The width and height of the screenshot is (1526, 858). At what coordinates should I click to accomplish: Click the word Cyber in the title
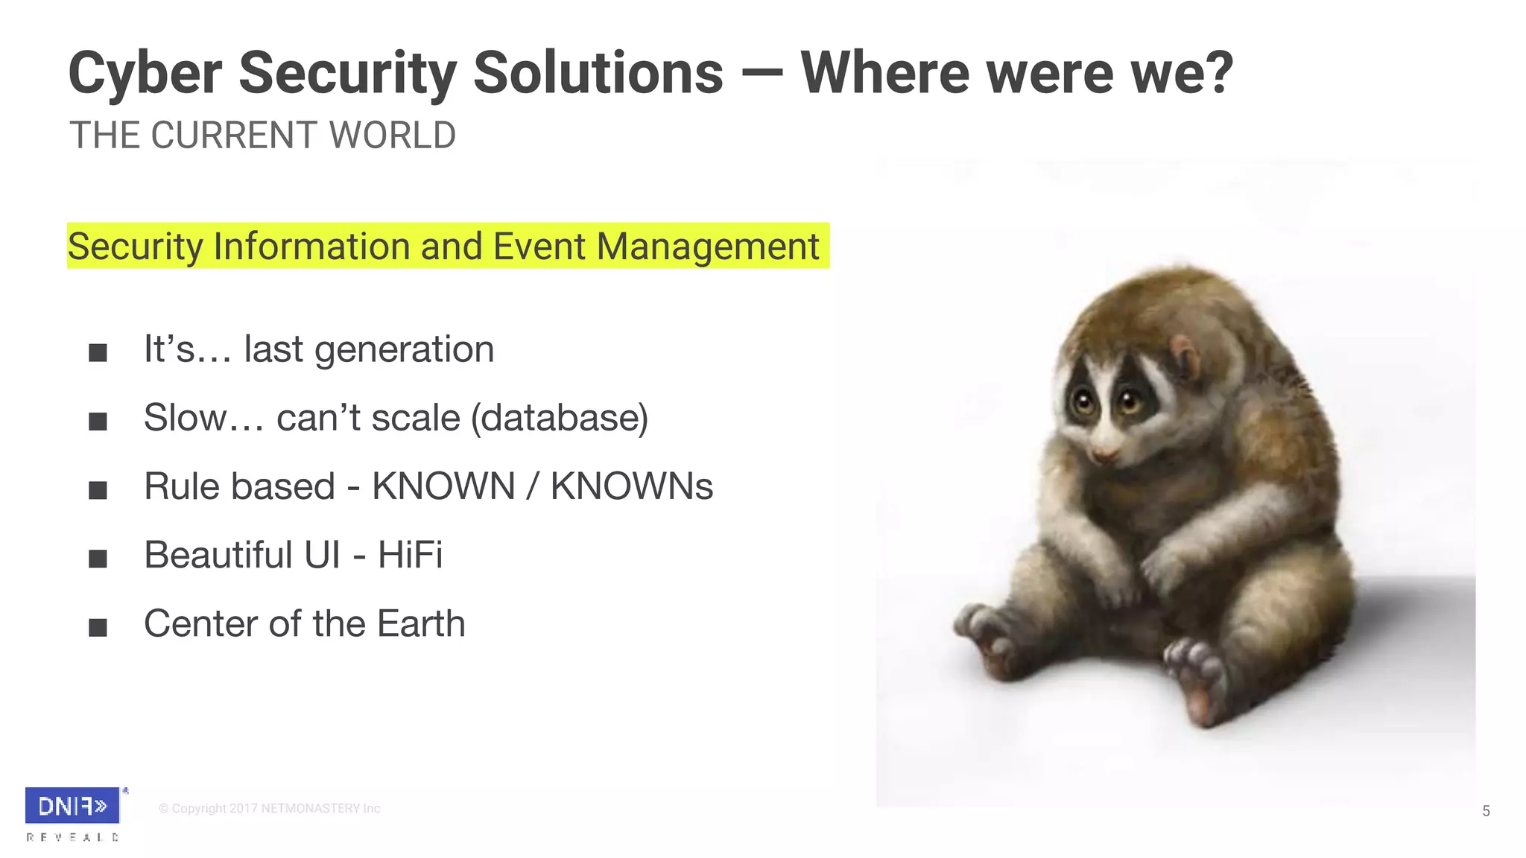(x=145, y=73)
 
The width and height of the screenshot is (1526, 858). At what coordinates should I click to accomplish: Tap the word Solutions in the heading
(x=598, y=73)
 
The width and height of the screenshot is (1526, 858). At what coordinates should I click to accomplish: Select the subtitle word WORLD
(x=393, y=136)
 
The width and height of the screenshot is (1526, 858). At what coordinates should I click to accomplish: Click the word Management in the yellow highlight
(x=708, y=247)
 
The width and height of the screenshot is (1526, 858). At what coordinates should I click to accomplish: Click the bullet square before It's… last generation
(x=98, y=352)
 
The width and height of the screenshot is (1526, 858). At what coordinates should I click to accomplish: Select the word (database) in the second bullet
(x=560, y=418)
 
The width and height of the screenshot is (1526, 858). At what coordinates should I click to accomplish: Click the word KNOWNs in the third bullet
(x=632, y=486)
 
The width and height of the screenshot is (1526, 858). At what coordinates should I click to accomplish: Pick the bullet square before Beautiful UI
(x=98, y=559)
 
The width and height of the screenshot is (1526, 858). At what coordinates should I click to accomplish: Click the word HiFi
(x=410, y=555)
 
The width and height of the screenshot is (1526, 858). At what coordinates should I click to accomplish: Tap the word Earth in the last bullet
(x=421, y=623)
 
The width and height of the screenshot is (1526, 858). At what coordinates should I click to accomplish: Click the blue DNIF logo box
(x=72, y=805)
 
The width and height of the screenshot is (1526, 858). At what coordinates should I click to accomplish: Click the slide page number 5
(x=1486, y=811)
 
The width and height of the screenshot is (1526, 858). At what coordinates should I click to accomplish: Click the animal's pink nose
(x=1104, y=454)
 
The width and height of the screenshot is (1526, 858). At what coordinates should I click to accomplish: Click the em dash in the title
(x=762, y=73)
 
